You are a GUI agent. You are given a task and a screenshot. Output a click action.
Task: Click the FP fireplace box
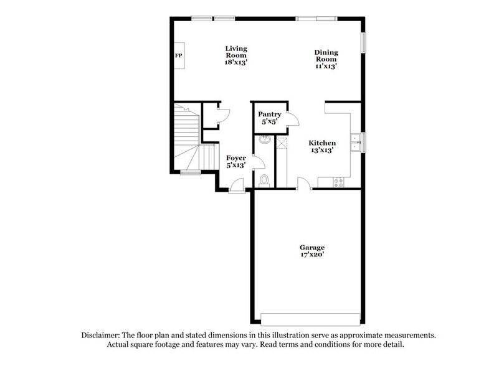(x=178, y=56)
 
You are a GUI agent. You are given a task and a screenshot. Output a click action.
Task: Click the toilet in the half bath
(x=264, y=180)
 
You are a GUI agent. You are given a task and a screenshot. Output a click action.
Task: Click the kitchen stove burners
(x=340, y=182)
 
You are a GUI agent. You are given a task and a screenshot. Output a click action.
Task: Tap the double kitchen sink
(x=355, y=143)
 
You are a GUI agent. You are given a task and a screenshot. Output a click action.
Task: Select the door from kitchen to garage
(x=304, y=183)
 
